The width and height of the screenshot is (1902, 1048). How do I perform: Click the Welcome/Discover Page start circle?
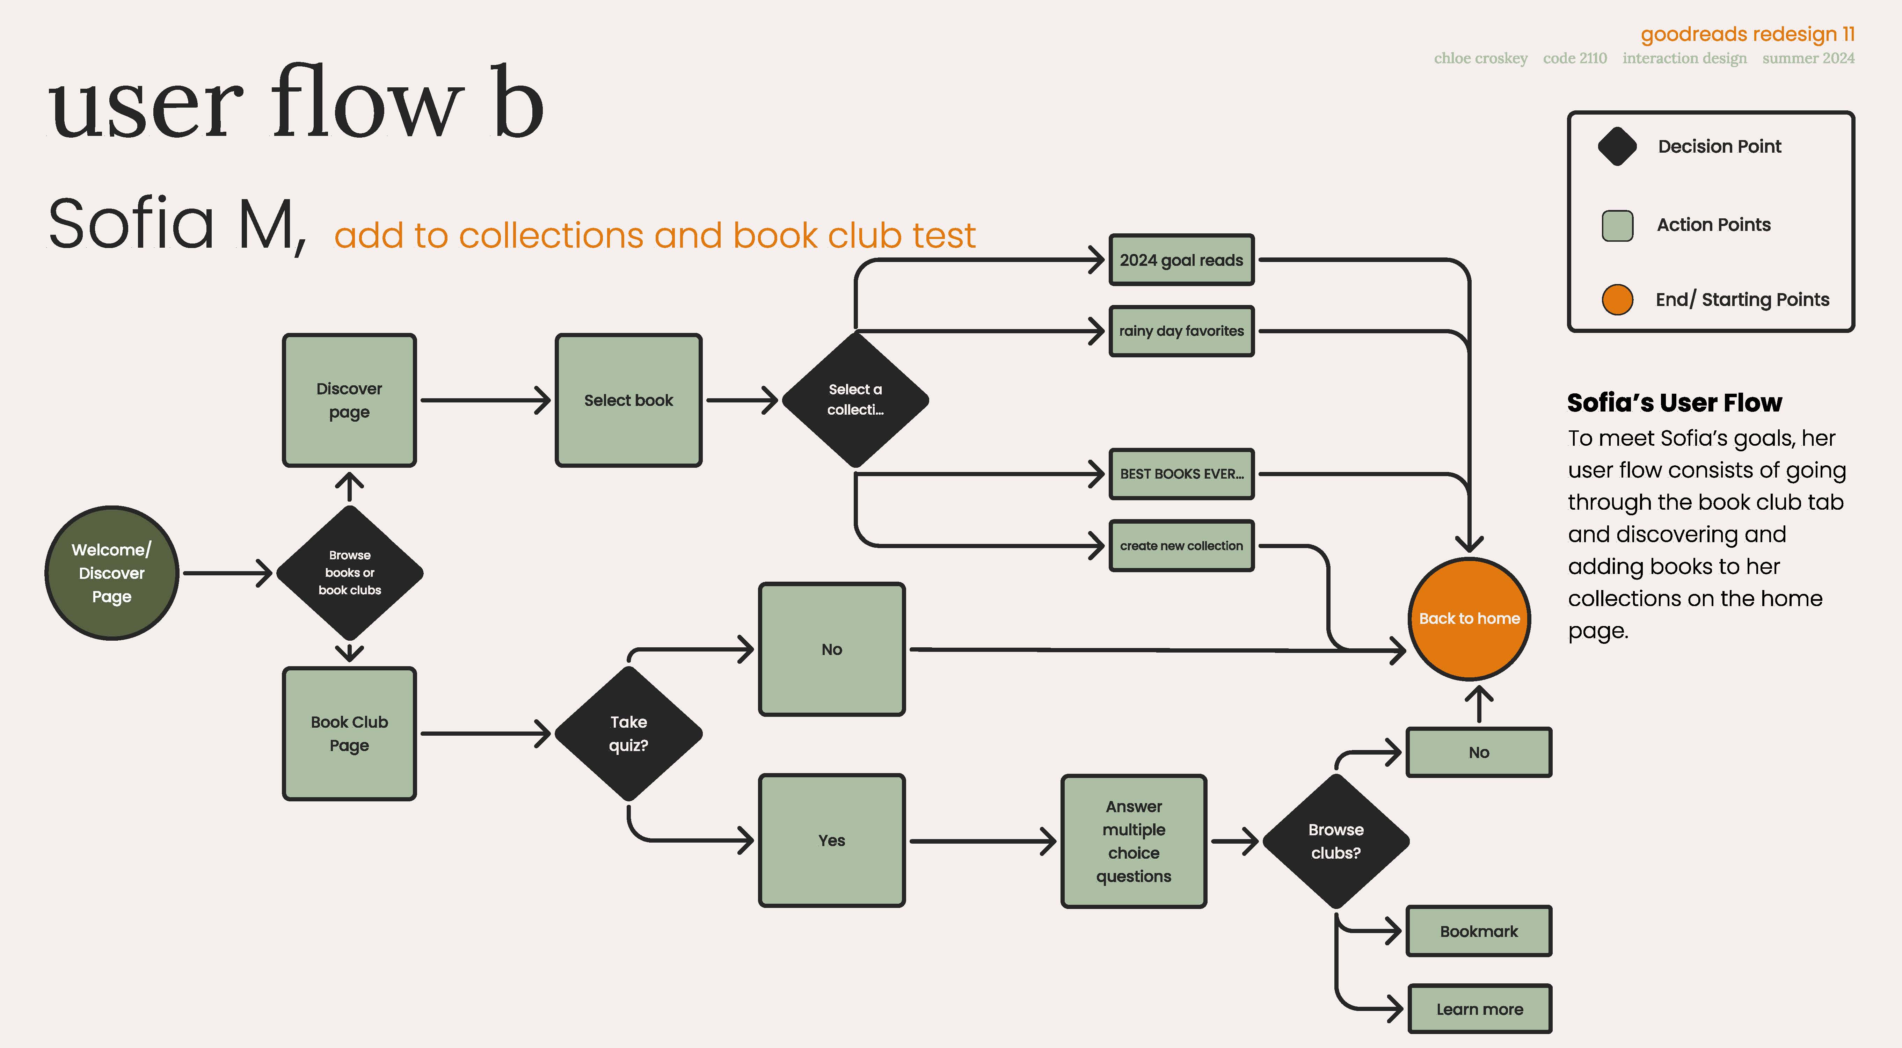(x=111, y=573)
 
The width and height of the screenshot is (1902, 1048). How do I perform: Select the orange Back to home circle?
(x=1469, y=619)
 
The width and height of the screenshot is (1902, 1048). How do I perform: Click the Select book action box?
(x=628, y=400)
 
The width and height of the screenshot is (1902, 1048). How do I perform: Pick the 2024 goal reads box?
(x=1181, y=260)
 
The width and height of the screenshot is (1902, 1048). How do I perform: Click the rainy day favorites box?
(x=1181, y=331)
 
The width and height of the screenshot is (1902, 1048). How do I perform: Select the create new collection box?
(x=1181, y=546)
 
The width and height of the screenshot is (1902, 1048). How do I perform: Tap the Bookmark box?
(x=1479, y=931)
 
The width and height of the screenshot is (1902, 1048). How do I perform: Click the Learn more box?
(x=1480, y=1009)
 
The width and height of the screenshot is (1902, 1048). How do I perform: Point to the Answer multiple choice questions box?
(x=1134, y=841)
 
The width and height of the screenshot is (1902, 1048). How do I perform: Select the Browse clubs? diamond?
(x=1336, y=841)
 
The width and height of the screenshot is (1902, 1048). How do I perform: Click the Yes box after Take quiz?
(x=831, y=840)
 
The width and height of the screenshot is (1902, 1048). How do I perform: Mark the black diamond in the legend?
(x=1617, y=146)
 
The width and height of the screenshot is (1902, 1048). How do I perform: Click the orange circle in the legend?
(x=1617, y=299)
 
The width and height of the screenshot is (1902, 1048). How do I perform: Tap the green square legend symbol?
(x=1617, y=225)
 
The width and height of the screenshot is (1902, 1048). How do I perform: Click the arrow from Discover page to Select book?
(x=485, y=400)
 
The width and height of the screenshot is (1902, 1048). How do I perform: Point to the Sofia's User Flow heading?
(x=1675, y=402)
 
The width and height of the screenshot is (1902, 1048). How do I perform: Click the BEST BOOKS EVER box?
(x=1181, y=474)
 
